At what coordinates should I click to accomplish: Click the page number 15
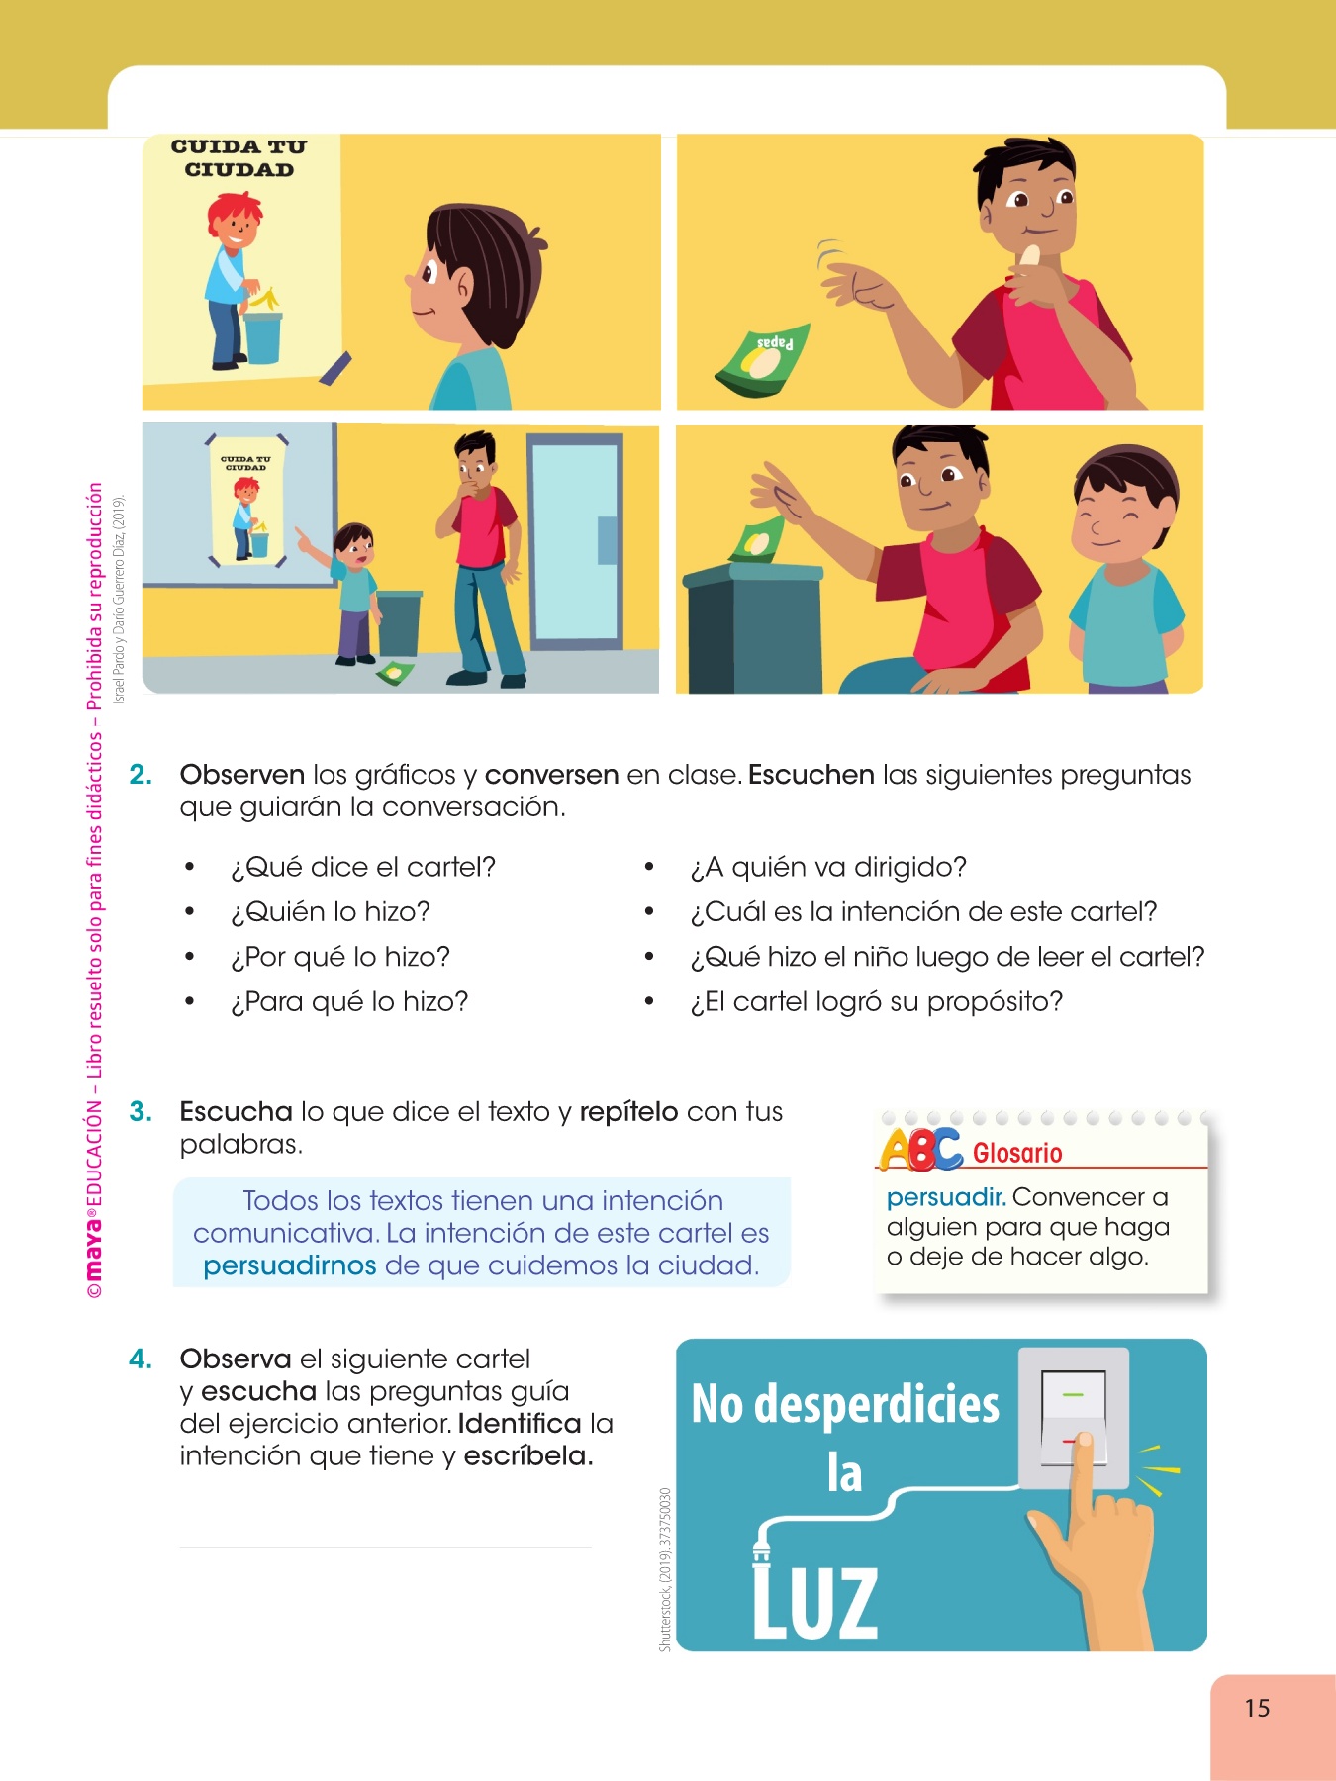click(1257, 1708)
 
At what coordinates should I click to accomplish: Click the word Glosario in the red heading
click(1017, 1153)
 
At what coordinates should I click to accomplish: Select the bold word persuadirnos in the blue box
click(290, 1265)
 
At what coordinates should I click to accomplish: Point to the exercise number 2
click(141, 775)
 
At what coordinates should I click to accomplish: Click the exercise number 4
click(141, 1359)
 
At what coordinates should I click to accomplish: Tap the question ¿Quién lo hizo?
click(331, 912)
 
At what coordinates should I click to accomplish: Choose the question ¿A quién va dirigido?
click(828, 868)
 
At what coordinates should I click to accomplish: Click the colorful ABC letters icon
click(920, 1150)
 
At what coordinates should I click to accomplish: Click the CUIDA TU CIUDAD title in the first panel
click(239, 158)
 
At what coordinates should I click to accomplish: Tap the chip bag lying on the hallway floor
click(395, 673)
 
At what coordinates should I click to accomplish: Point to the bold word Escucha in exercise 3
click(236, 1112)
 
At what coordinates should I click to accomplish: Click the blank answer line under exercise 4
click(385, 1547)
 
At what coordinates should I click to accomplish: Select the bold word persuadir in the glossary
click(946, 1198)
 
